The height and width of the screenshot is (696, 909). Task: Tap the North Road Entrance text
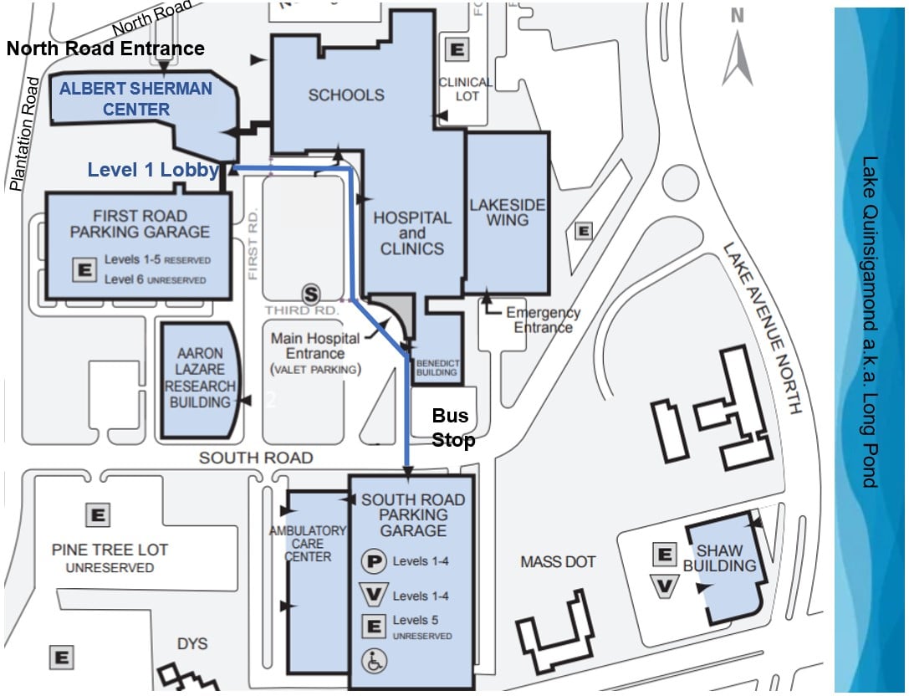coord(105,48)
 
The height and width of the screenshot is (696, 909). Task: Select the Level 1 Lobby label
coord(153,170)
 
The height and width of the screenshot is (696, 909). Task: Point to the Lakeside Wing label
coord(507,212)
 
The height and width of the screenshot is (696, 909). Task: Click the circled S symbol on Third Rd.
coord(311,294)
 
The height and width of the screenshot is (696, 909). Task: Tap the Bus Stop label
coord(453,427)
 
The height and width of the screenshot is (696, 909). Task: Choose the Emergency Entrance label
coord(543,320)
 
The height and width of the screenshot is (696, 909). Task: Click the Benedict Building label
coord(437,367)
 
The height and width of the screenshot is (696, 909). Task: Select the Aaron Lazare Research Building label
coord(199,378)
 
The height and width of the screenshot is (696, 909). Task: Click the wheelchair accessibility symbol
coord(374,661)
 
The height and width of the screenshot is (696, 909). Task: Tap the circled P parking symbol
coord(373,561)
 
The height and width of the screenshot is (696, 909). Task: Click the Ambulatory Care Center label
coord(308,543)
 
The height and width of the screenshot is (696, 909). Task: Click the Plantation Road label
coord(25,134)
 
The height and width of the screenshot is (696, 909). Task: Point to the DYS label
coord(192,644)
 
